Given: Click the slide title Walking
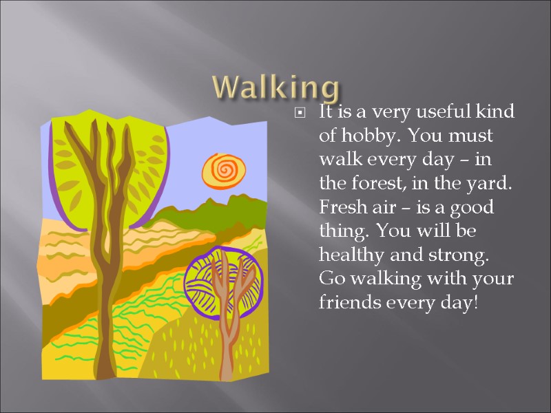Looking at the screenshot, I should [275, 88].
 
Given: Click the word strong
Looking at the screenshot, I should [460, 255].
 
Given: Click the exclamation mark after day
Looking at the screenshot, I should [475, 303].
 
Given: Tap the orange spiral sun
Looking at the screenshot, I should [224, 168].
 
